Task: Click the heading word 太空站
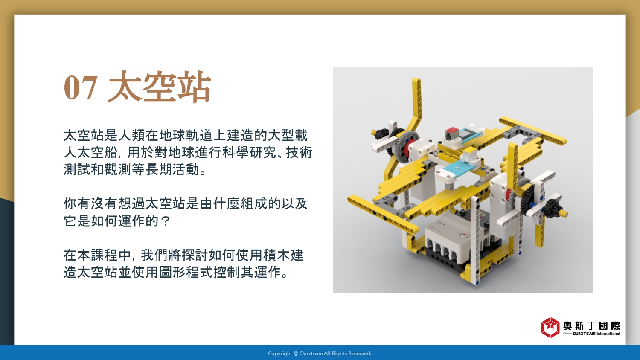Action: click(x=160, y=86)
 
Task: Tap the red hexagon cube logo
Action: click(x=550, y=328)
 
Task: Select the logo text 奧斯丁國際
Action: click(x=591, y=326)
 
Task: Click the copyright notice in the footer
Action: click(x=320, y=354)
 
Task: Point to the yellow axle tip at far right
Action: click(x=564, y=213)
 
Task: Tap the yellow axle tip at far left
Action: click(x=374, y=133)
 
